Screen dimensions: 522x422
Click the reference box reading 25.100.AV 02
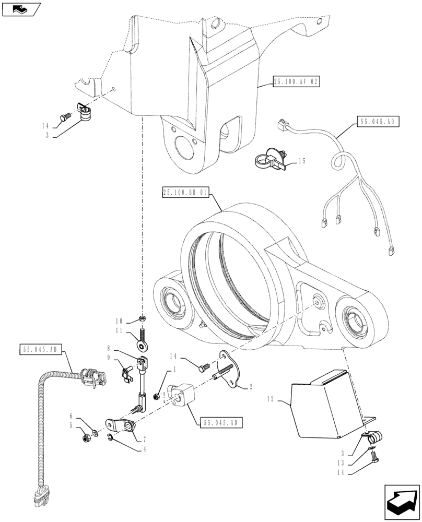(295, 82)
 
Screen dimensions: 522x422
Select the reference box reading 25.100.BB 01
(186, 193)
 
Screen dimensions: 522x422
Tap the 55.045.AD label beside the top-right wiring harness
(379, 122)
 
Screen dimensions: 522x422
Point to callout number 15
(301, 162)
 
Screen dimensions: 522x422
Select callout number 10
(119, 320)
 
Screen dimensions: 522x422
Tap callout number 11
(119, 330)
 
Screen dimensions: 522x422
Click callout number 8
(109, 347)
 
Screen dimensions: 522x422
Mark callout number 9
(109, 358)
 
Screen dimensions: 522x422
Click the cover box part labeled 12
(324, 405)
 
